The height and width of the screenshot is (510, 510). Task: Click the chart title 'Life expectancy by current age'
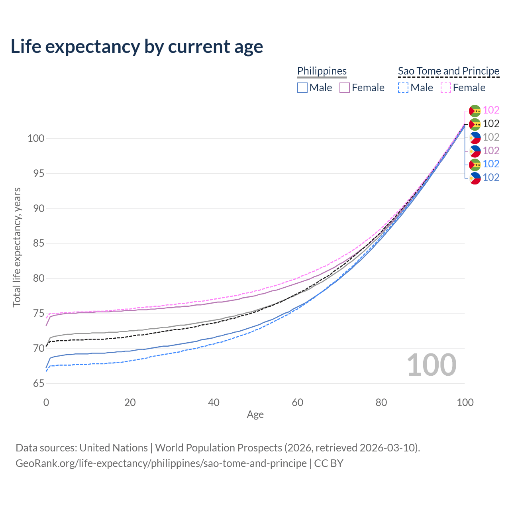(x=137, y=47)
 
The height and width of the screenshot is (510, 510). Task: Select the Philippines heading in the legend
(x=322, y=71)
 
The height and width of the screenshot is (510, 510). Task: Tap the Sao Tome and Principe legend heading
(x=449, y=71)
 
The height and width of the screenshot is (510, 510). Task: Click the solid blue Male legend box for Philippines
(x=302, y=88)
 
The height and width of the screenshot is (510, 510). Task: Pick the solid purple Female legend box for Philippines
(x=345, y=88)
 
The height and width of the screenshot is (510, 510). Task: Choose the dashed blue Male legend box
(x=403, y=88)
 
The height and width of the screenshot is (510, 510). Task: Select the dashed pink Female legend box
(x=446, y=88)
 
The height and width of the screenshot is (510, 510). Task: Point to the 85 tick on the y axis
(x=39, y=243)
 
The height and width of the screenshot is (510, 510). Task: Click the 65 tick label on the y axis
(x=39, y=384)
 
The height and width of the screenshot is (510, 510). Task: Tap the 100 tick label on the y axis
(x=36, y=139)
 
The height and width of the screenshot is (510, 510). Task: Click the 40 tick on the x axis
(x=214, y=402)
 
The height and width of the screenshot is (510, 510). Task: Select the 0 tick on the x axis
(x=46, y=402)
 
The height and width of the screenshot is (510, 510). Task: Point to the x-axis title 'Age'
(x=255, y=415)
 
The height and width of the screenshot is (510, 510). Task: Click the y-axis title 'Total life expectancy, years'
(x=17, y=247)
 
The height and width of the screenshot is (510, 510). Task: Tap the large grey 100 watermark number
(x=432, y=365)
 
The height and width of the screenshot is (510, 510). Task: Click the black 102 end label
(x=491, y=124)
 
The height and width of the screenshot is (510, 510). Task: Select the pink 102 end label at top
(x=491, y=110)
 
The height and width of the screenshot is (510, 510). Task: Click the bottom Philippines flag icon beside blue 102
(x=475, y=178)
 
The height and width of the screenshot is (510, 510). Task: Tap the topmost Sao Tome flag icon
(x=475, y=111)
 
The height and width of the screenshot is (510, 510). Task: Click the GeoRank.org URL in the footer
(x=161, y=463)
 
